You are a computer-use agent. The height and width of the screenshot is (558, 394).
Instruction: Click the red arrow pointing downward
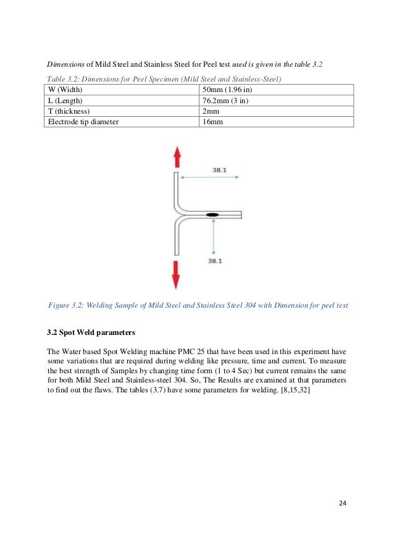coord(176,274)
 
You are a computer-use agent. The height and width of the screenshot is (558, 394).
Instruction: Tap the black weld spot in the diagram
coord(212,214)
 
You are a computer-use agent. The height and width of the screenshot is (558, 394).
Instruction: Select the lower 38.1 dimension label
coord(214,261)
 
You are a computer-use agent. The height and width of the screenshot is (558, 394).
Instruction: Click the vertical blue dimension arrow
coord(213,236)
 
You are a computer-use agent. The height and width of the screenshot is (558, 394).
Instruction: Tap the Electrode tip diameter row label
coord(83,122)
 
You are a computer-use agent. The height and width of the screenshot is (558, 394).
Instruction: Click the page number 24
coord(343,502)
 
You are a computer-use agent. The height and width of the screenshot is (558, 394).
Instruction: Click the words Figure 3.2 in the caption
coord(64,304)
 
